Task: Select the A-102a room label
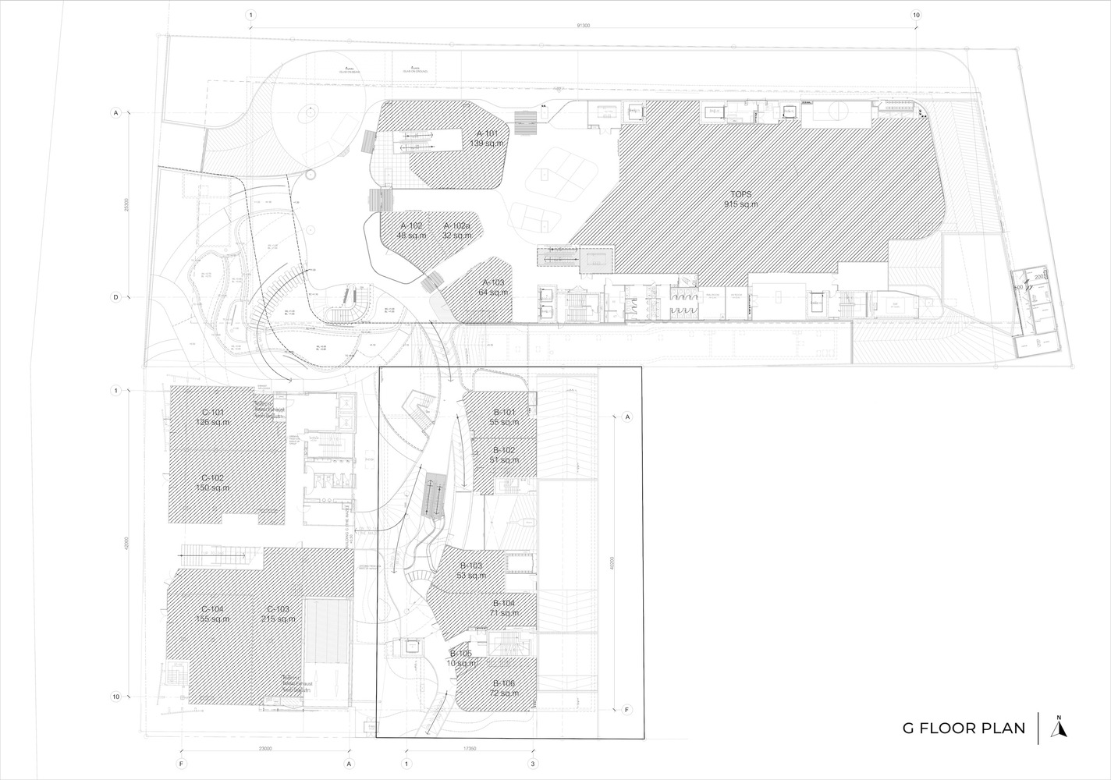[x=457, y=230]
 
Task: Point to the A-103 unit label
[x=494, y=286]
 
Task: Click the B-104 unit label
[x=504, y=608]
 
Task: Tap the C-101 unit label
[x=213, y=417]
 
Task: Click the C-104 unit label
[x=213, y=614]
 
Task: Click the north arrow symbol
[x=1059, y=728]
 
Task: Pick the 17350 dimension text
[x=469, y=749]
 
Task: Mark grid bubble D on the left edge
[x=115, y=297]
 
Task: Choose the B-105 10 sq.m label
[x=461, y=658]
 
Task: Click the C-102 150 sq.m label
[x=213, y=483]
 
